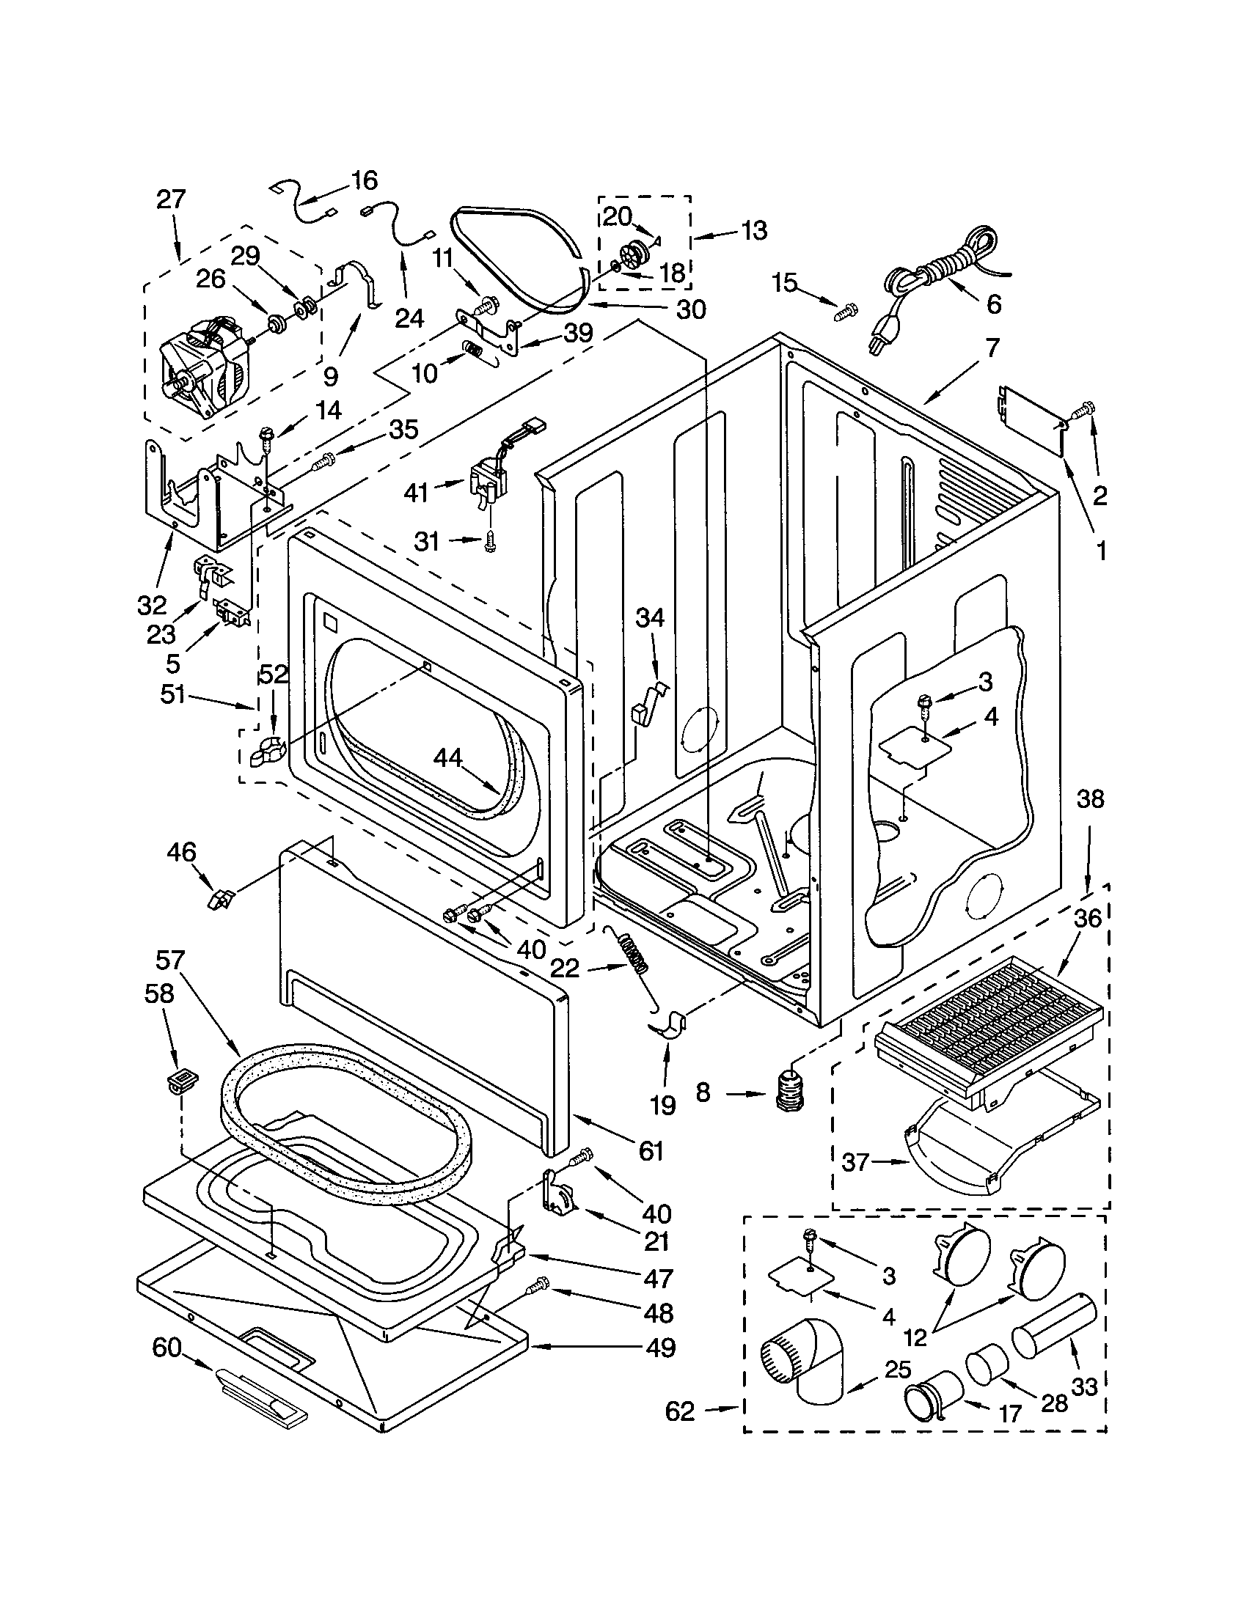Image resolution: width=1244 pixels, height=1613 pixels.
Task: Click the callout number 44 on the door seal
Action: pyautogui.click(x=448, y=758)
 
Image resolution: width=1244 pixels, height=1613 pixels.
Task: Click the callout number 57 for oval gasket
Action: pyautogui.click(x=170, y=961)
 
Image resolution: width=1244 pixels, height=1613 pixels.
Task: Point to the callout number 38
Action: pyautogui.click(x=1090, y=799)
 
